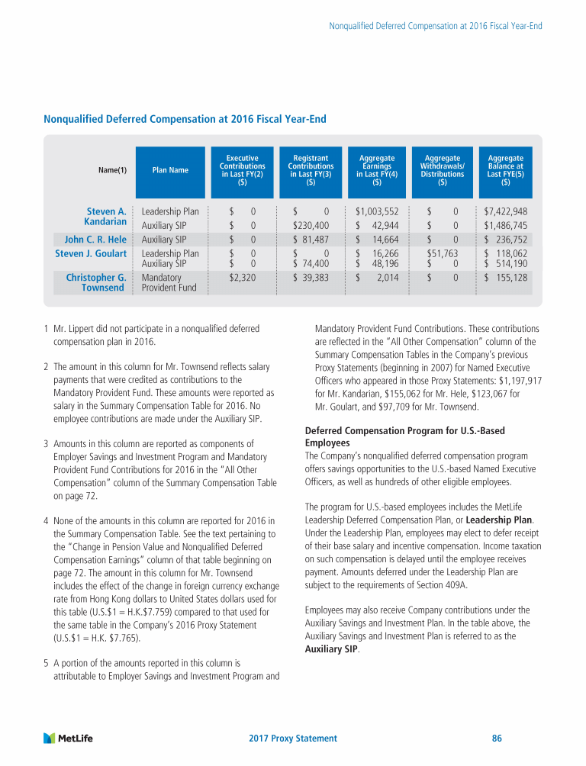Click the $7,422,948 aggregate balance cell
point(506,211)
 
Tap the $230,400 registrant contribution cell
point(311,226)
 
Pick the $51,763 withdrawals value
point(442,253)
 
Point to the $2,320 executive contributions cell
point(243,278)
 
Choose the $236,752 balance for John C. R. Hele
point(506,240)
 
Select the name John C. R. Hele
point(95,240)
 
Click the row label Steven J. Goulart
point(91,253)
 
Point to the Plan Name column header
point(170,170)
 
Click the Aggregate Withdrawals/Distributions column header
point(443,170)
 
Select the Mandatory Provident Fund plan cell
point(169,282)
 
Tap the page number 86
point(497,739)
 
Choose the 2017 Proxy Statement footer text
point(293,739)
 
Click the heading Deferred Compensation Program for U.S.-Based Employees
point(404,436)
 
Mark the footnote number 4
point(47,521)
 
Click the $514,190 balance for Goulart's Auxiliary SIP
point(506,264)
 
